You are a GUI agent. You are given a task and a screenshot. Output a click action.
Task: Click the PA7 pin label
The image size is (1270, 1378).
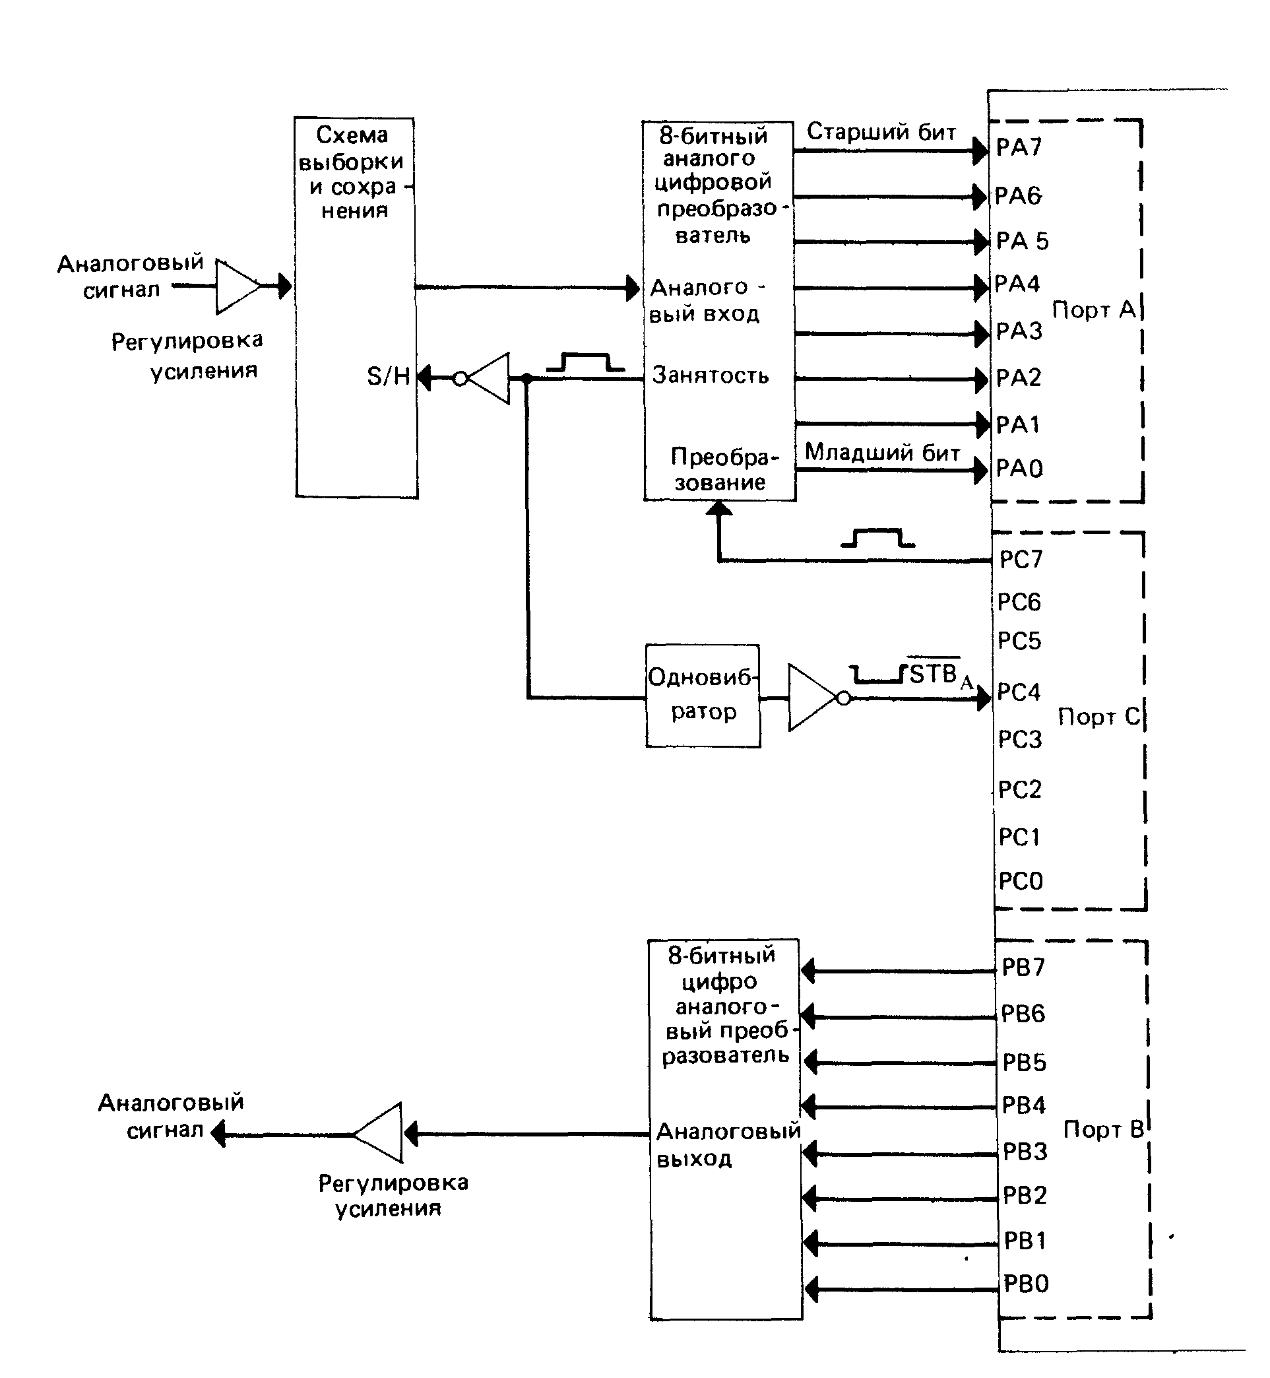pyautogui.click(x=1019, y=147)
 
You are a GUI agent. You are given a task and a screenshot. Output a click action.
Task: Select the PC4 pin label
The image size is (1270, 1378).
pyautogui.click(x=1019, y=692)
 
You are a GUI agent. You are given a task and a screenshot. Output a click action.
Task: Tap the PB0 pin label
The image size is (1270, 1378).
pyautogui.click(x=1026, y=1284)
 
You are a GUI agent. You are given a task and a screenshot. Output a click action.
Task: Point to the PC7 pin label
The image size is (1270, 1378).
pyautogui.click(x=1021, y=560)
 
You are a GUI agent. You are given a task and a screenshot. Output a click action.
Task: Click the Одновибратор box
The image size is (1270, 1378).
pyautogui.click(x=703, y=696)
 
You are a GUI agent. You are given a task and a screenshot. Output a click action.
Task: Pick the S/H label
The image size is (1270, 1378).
pyautogui.click(x=389, y=377)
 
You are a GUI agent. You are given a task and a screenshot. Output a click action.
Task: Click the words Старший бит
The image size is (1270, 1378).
pyautogui.click(x=881, y=132)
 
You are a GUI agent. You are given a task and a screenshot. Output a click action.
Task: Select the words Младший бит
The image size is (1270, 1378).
pyautogui.click(x=883, y=453)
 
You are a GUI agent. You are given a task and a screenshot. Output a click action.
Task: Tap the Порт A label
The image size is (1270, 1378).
pyautogui.click(x=1094, y=310)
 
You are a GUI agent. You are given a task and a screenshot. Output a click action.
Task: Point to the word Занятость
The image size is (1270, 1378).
pyautogui.click(x=710, y=376)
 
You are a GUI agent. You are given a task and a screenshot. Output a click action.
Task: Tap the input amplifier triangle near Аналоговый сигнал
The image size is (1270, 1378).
pyautogui.click(x=235, y=286)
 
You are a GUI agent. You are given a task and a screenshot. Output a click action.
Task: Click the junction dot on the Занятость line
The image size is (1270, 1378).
pyautogui.click(x=527, y=378)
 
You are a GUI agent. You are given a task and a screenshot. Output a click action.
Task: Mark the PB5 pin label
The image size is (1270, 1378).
pyautogui.click(x=1024, y=1063)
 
